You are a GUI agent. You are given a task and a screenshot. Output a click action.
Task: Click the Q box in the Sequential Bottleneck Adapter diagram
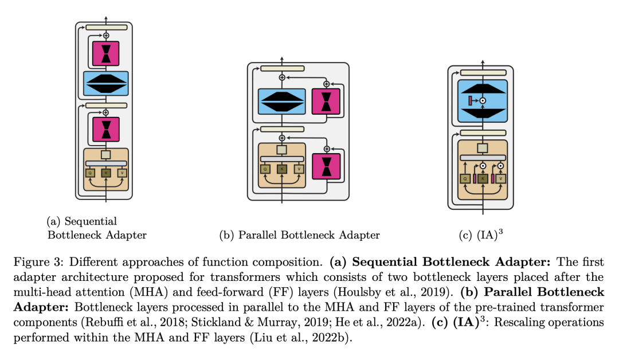pyautogui.click(x=90, y=172)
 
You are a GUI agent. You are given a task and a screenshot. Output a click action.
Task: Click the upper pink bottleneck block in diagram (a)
pyautogui.click(x=106, y=53)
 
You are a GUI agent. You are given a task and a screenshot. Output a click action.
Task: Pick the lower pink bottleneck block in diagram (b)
pyautogui.click(x=326, y=166)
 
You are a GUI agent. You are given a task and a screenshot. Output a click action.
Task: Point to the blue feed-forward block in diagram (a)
pyautogui.click(x=106, y=83)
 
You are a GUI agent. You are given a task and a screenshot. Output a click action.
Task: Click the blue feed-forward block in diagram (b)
pyautogui.click(x=281, y=102)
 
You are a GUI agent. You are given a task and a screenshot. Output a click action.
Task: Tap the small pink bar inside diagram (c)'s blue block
pyautogui.click(x=471, y=101)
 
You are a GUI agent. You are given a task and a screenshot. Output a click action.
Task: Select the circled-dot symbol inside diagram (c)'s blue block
pyautogui.click(x=483, y=101)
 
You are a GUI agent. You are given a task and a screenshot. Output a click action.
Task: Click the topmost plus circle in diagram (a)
pyautogui.click(x=106, y=36)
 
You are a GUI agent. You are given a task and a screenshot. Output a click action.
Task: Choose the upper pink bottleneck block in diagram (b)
pyautogui.click(x=326, y=101)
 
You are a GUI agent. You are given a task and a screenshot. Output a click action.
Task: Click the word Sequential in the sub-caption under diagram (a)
pyautogui.click(x=91, y=221)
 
